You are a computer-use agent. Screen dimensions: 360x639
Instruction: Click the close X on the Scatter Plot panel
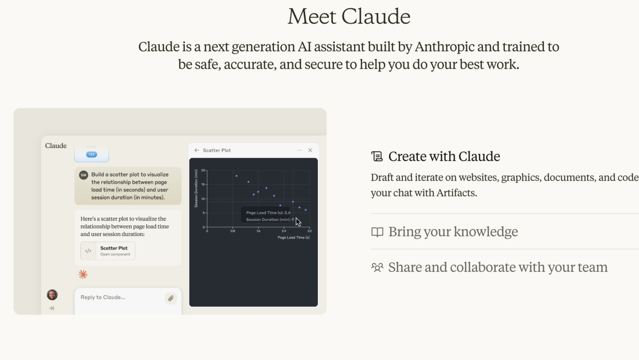310,150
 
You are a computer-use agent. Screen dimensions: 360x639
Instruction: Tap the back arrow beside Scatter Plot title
197,150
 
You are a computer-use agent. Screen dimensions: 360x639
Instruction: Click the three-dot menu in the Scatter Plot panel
299,150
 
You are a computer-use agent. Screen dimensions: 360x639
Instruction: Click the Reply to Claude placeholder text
103,297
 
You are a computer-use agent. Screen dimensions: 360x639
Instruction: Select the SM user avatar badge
83,175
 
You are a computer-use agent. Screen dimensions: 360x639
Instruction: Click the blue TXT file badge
92,154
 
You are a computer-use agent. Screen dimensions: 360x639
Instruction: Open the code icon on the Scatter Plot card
88,251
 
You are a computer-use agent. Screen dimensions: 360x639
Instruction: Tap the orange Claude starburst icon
83,274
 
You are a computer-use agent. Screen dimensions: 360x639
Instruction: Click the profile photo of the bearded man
52,294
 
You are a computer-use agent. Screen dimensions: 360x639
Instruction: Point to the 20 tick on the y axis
203,171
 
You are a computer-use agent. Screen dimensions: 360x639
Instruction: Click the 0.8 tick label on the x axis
233,231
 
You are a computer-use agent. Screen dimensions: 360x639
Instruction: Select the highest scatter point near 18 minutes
236,176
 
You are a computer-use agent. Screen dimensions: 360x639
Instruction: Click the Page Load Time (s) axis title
293,238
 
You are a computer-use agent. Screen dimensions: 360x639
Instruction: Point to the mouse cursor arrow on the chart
298,222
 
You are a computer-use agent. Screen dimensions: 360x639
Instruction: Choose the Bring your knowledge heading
453,231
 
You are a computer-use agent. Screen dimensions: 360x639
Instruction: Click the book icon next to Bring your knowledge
377,232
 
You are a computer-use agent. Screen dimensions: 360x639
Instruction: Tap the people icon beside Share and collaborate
377,267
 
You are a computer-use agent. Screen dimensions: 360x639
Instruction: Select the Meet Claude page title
349,16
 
